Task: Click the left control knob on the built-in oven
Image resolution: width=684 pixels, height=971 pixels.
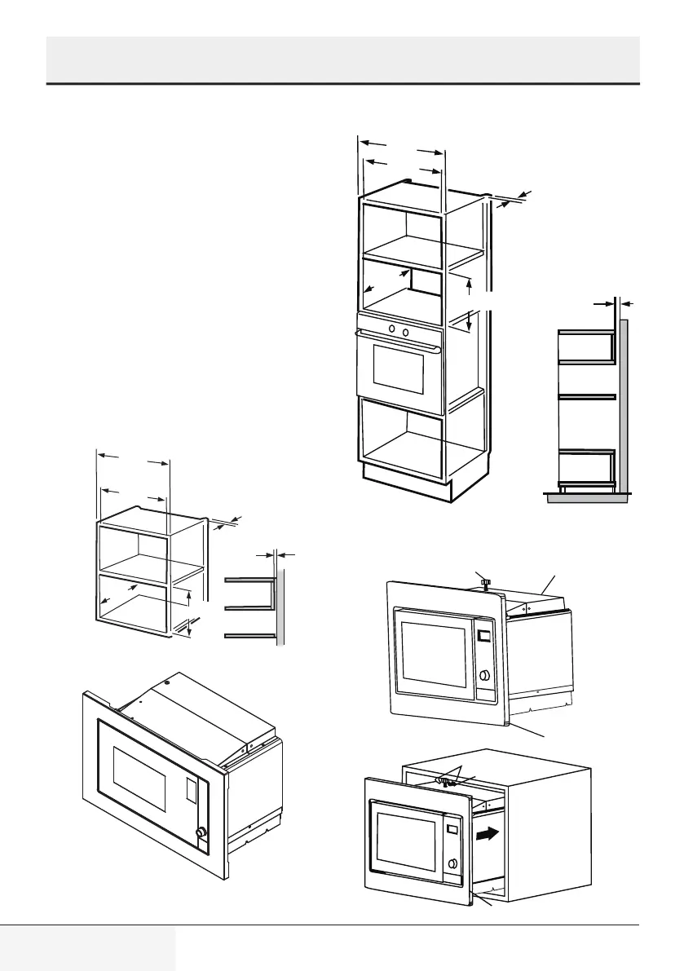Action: coord(391,329)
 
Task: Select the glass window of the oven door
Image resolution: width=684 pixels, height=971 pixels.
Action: coord(398,372)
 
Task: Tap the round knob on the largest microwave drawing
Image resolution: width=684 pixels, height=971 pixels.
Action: coord(199,832)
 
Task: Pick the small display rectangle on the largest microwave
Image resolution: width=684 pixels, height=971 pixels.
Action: coord(191,789)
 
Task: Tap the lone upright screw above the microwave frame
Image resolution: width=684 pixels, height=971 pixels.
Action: coord(483,582)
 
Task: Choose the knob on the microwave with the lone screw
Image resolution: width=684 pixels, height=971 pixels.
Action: coord(486,675)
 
